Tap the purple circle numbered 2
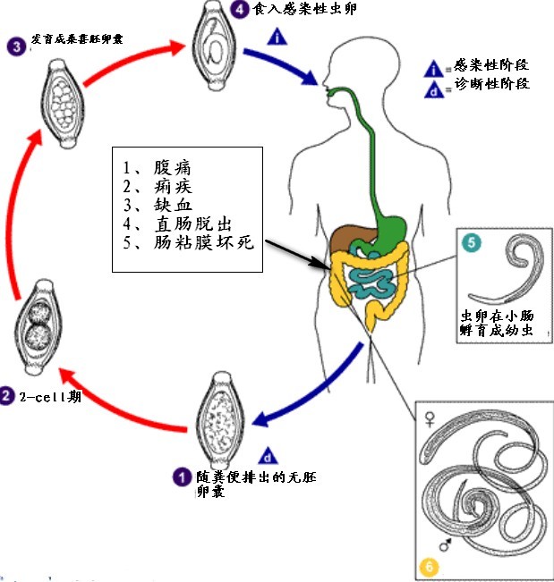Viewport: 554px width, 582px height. pos(7,394)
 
